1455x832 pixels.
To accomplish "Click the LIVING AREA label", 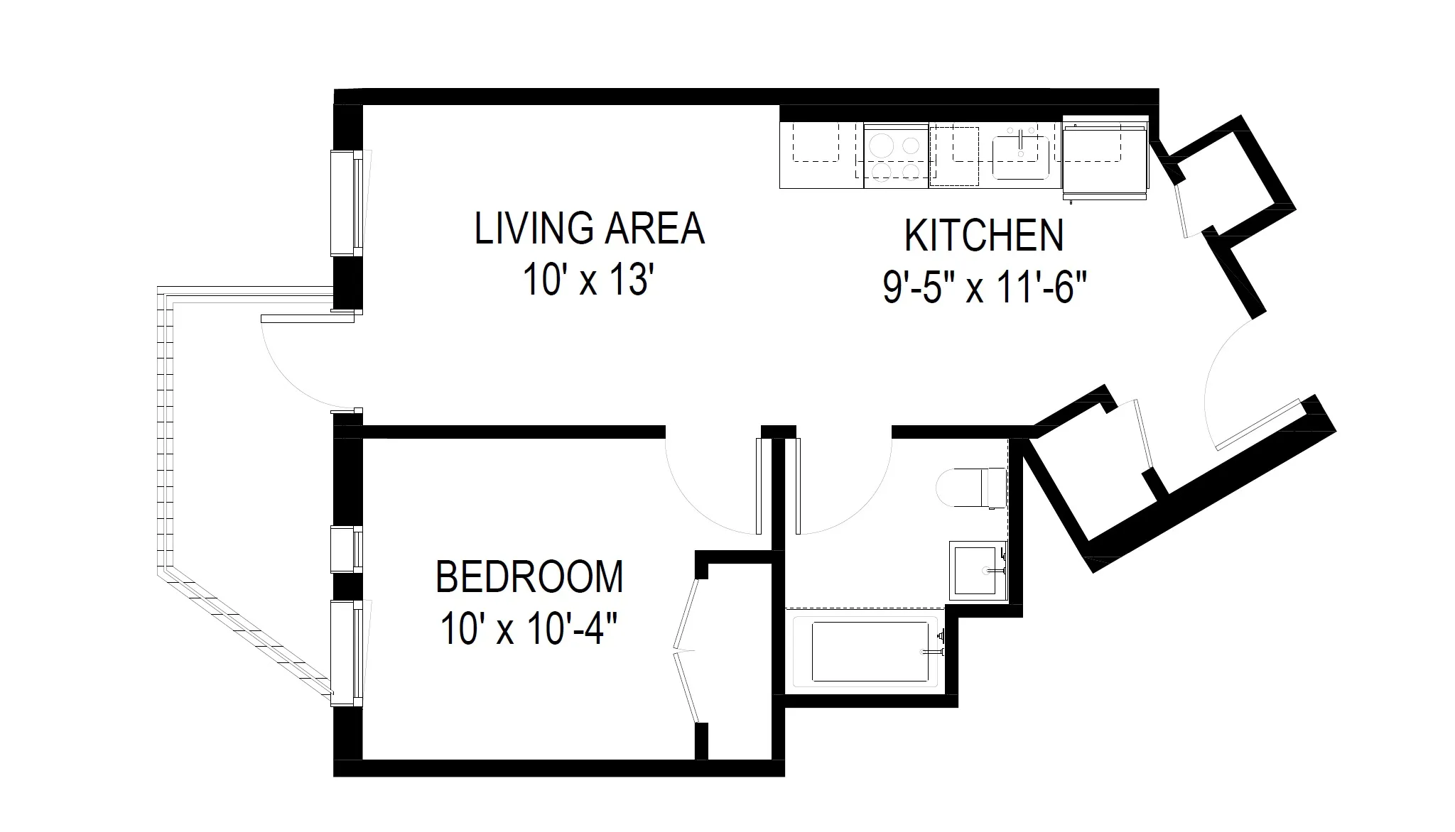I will click(589, 229).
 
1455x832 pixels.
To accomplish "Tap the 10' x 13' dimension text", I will click(587, 279).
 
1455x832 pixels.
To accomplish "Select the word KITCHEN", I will click(984, 236).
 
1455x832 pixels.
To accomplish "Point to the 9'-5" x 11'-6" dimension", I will click(985, 288).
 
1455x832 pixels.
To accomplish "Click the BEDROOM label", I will click(529, 577).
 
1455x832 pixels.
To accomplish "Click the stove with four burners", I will click(895, 157).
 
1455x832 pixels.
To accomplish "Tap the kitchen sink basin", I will click(1020, 158).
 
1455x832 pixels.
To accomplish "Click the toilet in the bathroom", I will click(970, 487).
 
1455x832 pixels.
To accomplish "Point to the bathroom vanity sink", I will click(978, 570).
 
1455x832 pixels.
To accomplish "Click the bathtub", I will click(868, 652).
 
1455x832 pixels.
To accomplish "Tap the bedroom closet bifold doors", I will click(686, 650).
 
